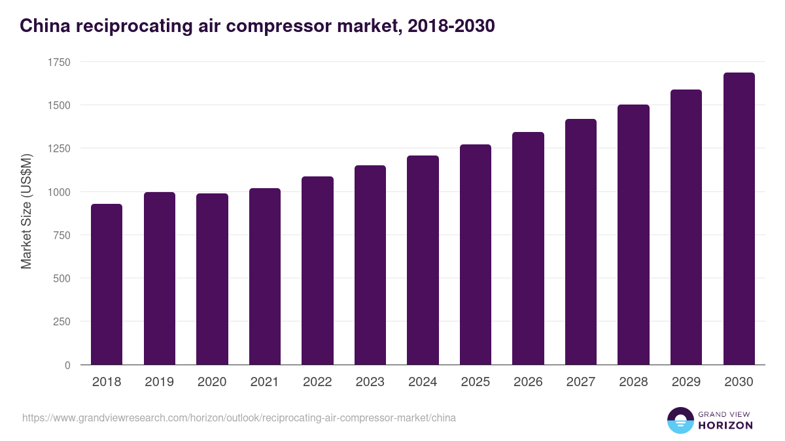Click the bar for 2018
[107, 284]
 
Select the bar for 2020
[212, 279]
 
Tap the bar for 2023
[370, 265]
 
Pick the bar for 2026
[528, 248]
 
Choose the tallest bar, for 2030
[739, 219]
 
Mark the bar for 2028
[633, 235]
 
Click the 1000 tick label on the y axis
[58, 192]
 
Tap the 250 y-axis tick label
[61, 321]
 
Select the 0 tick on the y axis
[67, 365]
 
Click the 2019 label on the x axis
[159, 382]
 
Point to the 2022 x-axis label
[317, 382]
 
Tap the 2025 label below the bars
[475, 382]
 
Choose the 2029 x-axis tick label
[686, 382]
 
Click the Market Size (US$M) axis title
[26, 210]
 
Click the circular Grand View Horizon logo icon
[680, 420]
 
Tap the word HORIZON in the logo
[725, 425]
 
